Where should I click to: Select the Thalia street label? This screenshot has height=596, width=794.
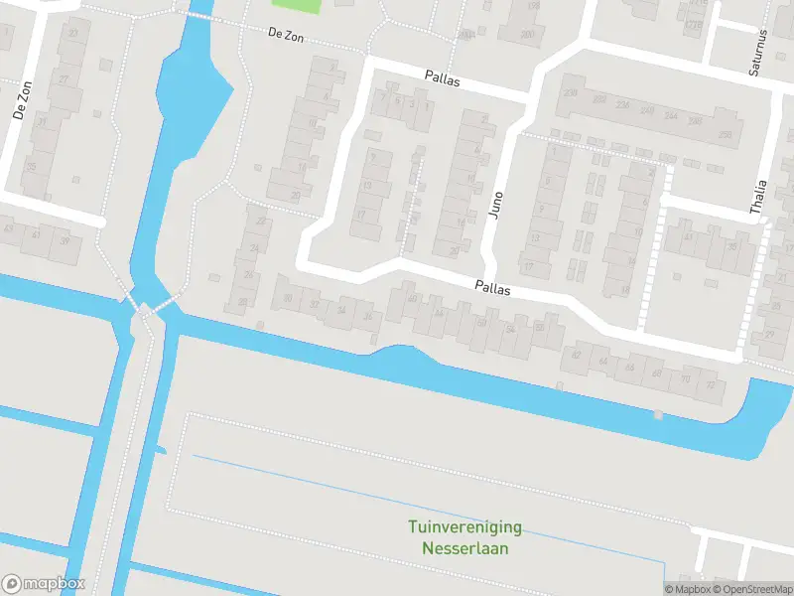point(760,197)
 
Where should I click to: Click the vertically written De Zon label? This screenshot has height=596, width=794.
point(23,100)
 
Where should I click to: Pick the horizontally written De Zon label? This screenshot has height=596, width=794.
point(286,36)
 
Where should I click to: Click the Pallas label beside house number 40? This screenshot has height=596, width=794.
point(492,288)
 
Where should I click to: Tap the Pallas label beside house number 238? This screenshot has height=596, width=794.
point(444,76)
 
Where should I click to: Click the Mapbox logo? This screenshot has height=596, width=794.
point(44,584)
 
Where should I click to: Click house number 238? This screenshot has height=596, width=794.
point(570,92)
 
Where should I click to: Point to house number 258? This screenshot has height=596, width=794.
point(725,135)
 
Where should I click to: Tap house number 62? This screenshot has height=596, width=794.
point(577,355)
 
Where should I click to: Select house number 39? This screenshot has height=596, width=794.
point(66,241)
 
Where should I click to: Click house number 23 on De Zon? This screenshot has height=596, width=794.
point(72,34)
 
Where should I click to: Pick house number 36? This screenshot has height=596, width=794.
point(367,317)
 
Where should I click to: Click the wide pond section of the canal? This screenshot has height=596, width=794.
point(194,94)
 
